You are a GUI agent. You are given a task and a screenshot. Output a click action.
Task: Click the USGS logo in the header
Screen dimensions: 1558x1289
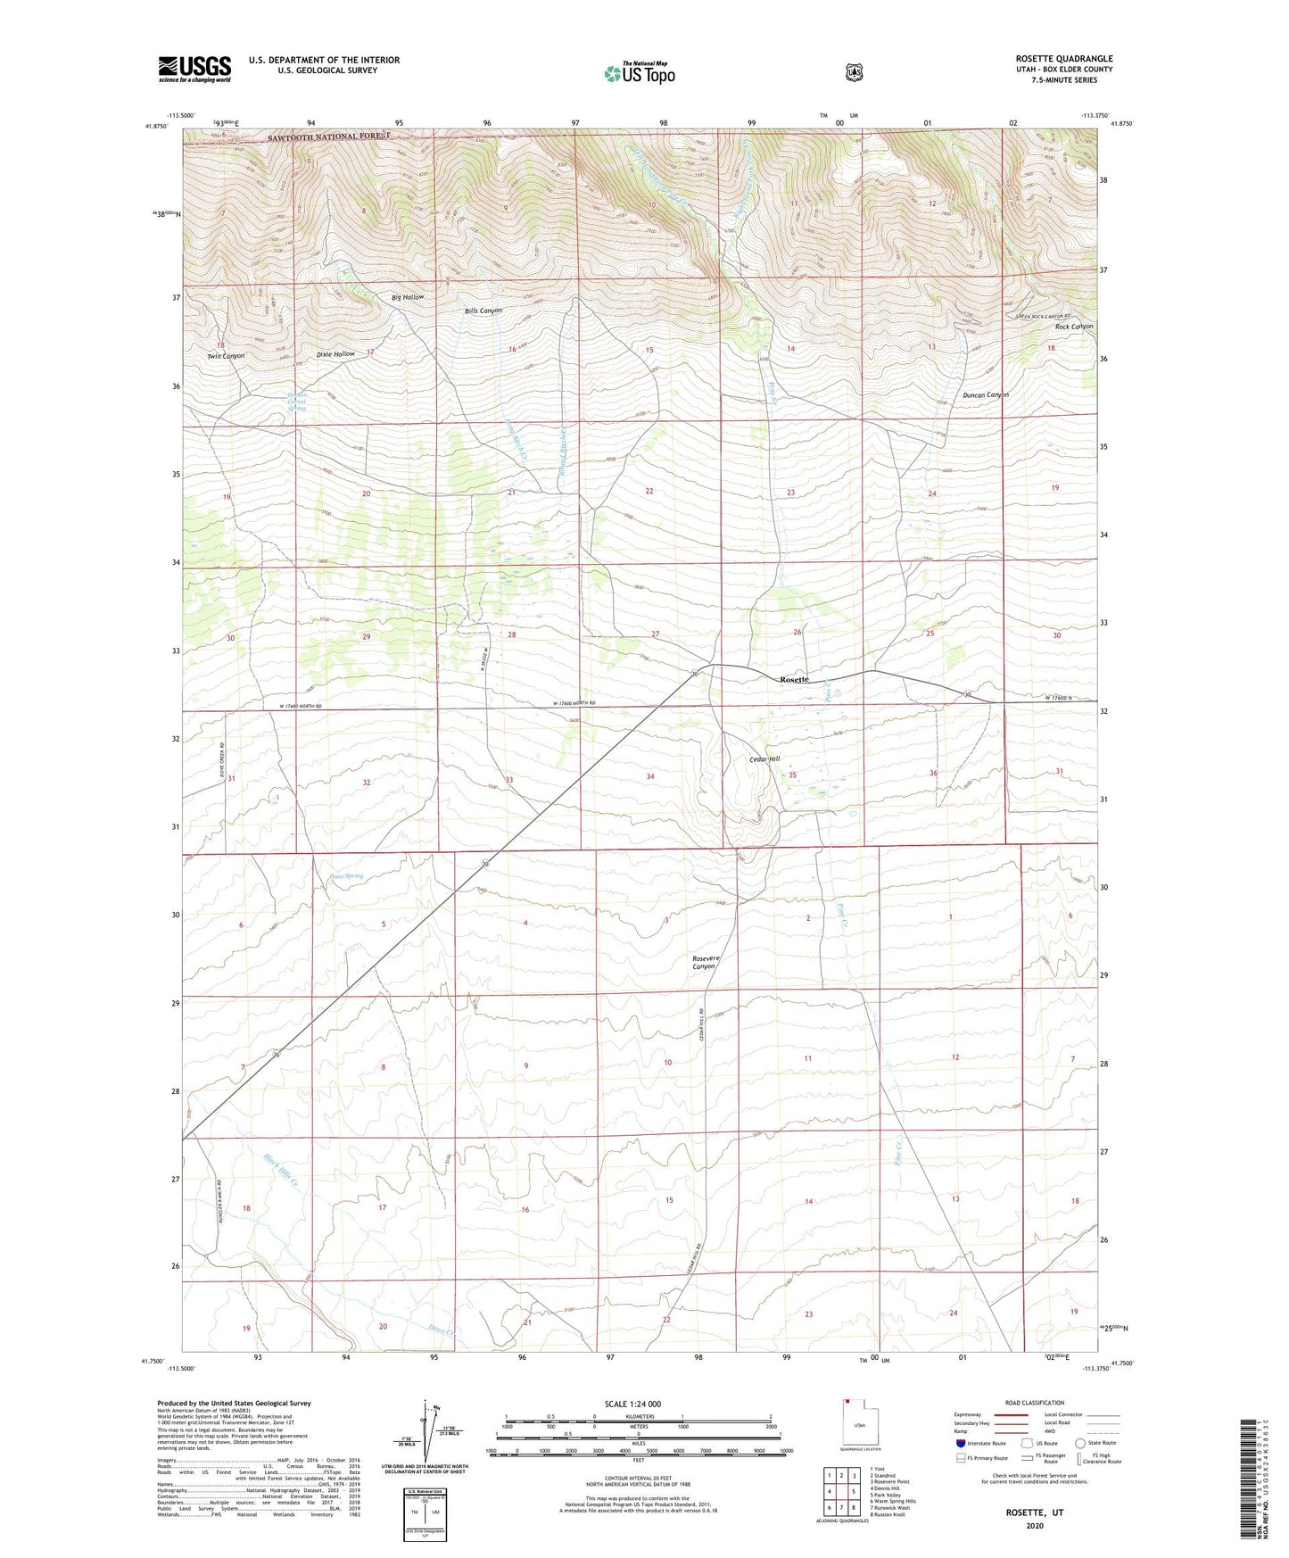pos(194,68)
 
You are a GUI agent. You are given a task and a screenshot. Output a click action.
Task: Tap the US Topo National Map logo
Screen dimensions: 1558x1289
pos(639,73)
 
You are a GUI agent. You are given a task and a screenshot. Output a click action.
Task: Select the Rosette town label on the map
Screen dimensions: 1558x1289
pos(794,680)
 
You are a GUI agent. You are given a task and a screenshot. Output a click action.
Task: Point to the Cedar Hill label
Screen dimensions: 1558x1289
pos(764,759)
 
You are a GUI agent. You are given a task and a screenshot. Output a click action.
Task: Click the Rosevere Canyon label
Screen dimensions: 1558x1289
pos(705,963)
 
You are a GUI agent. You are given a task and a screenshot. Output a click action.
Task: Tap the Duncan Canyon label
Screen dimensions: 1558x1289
pos(986,395)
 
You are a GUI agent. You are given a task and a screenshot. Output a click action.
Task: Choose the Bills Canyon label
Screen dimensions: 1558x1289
pos(483,311)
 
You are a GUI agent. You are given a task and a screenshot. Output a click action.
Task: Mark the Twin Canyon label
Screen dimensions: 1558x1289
pos(226,356)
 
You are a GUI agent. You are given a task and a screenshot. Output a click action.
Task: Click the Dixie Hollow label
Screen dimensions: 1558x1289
pos(335,354)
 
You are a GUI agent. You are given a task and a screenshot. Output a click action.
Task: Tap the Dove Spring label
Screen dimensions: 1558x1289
pos(335,876)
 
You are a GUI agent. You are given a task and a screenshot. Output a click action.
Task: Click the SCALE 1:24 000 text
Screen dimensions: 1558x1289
pos(632,1405)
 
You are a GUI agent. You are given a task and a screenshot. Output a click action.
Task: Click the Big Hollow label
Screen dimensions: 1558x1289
pos(408,297)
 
